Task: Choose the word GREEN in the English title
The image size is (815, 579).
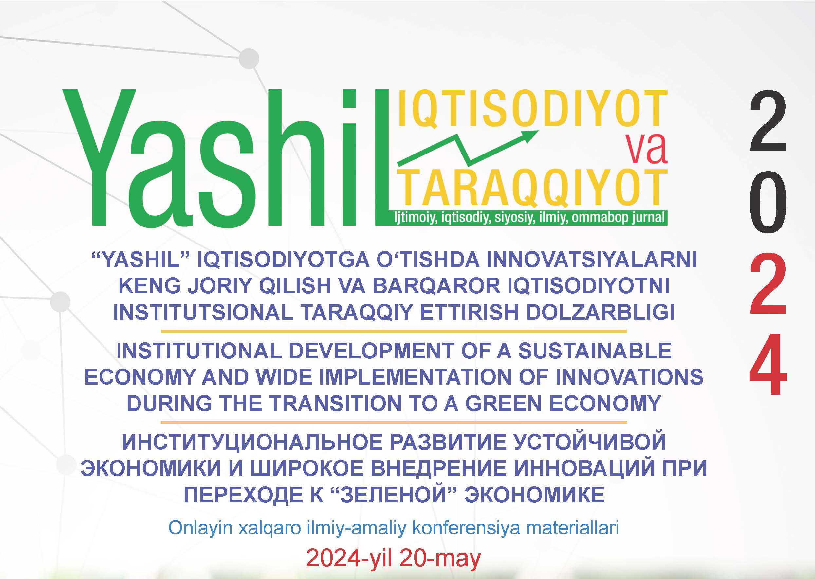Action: pyautogui.click(x=504, y=404)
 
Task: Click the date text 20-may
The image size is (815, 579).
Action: pyautogui.click(x=440, y=558)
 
